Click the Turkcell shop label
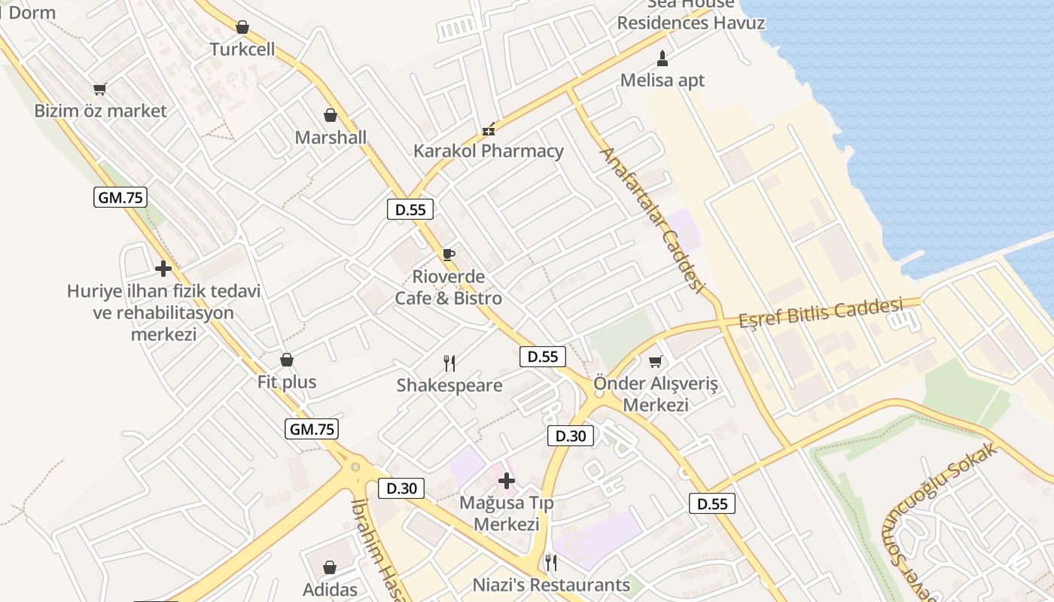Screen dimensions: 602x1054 242,50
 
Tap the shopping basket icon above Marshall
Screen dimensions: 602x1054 330,115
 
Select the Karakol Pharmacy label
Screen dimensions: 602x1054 488,150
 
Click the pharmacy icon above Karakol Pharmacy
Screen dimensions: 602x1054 489,129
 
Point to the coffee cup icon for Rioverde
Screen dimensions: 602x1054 449,254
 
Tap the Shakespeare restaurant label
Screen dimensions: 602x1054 449,385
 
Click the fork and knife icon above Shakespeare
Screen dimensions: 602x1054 449,363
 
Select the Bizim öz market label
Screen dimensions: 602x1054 100,111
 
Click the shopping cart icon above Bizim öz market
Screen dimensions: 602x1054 100,89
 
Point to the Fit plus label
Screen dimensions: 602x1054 287,382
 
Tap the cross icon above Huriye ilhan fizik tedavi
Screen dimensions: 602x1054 163,269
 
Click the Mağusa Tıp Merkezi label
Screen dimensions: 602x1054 507,512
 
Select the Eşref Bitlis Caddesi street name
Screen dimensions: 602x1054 820,312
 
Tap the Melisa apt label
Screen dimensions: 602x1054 663,80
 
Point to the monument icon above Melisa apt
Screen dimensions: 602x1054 663,58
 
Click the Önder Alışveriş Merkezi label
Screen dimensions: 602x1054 656,394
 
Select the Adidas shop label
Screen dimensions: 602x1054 330,588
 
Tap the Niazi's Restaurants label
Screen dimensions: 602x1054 551,585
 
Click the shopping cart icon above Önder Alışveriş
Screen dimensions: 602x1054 656,362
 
